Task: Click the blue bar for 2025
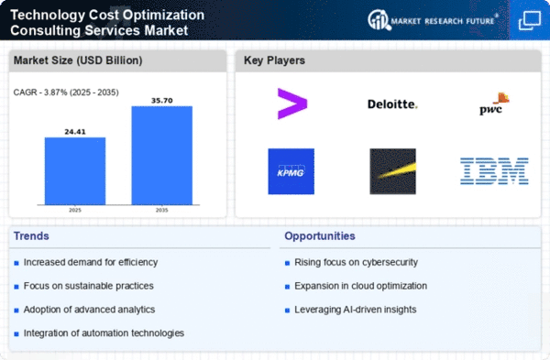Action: tap(75, 171)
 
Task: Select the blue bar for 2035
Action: tap(162, 156)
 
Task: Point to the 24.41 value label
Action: tap(75, 132)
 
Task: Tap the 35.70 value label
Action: tap(162, 101)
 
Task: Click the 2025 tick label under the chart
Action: tap(75, 210)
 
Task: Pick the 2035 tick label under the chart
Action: tap(161, 210)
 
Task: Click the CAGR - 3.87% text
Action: tap(41, 93)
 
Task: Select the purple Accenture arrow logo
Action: tap(292, 104)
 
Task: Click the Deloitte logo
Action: tap(392, 104)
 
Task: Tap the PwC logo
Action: tap(494, 104)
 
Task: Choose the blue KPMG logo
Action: tap(291, 171)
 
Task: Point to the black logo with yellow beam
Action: tap(393, 171)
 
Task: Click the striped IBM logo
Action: tap(494, 171)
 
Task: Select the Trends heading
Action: tap(31, 236)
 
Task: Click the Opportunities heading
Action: tap(320, 236)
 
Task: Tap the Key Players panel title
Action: tap(274, 60)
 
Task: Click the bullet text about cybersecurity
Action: tap(356, 262)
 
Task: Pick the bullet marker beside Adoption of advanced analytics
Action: tap(16, 311)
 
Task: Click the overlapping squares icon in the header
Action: tap(530, 21)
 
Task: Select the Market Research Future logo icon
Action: tap(379, 20)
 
